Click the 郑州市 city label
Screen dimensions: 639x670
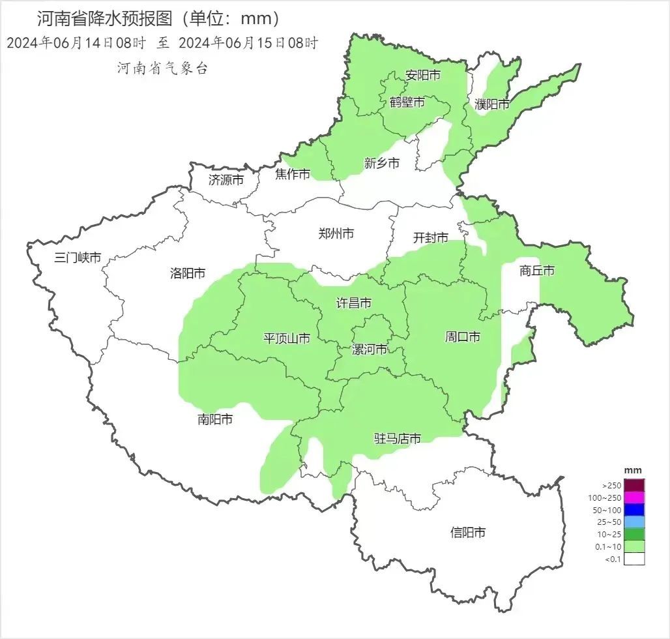[336, 233]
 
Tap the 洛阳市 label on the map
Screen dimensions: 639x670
[188, 273]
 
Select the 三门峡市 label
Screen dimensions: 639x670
[78, 258]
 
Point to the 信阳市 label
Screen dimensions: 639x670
[468, 533]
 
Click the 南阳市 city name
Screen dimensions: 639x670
[215, 419]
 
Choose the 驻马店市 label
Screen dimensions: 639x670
[397, 438]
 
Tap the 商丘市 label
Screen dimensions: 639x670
[537, 271]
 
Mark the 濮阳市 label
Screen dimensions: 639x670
[492, 104]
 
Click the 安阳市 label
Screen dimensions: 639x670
[423, 75]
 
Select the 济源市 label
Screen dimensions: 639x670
[226, 179]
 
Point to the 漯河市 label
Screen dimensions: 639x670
[370, 349]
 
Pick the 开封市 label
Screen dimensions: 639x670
[431, 238]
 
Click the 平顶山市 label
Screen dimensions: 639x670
[286, 338]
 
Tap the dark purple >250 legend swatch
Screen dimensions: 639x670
[634, 485]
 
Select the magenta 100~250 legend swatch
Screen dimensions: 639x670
[634, 498]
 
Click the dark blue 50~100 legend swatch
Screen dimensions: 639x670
[634, 510]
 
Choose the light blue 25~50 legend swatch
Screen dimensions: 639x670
[634, 522]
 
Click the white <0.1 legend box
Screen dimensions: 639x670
[634, 559]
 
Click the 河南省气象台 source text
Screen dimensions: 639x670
[162, 68]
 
